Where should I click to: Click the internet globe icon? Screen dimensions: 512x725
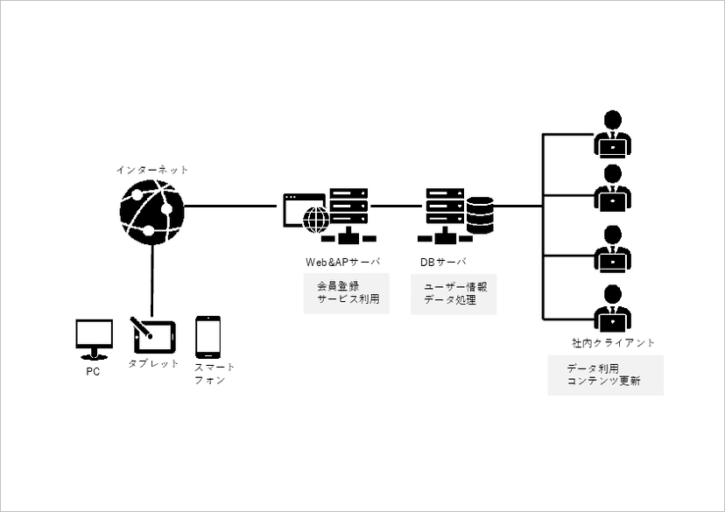click(x=152, y=211)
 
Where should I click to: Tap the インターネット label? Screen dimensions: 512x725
click(x=152, y=169)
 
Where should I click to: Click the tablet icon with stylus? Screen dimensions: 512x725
click(x=152, y=334)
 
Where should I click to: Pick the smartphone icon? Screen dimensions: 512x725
click(x=208, y=337)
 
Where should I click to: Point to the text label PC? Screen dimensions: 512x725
click(x=93, y=372)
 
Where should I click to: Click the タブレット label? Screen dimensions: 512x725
click(x=153, y=363)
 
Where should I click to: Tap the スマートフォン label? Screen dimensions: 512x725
click(x=214, y=374)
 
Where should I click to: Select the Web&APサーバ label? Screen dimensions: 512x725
click(x=342, y=261)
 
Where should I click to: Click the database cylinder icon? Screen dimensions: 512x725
click(x=480, y=214)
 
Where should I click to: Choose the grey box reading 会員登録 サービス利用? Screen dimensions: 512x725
click(x=347, y=292)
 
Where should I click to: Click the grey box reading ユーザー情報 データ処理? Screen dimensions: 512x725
click(x=454, y=293)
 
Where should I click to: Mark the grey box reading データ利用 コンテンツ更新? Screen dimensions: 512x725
click(x=605, y=375)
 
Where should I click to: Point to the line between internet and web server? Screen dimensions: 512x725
click(x=233, y=207)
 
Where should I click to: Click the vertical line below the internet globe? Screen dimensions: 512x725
click(x=152, y=280)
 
